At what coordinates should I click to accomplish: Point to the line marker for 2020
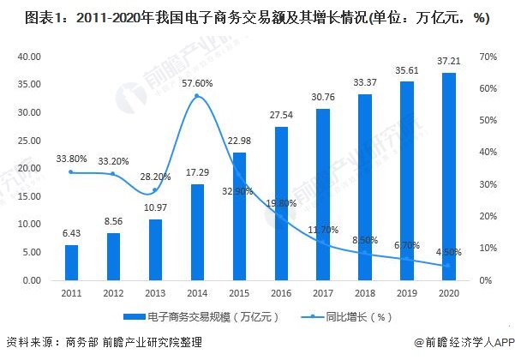pyautogui.click(x=446, y=266)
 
